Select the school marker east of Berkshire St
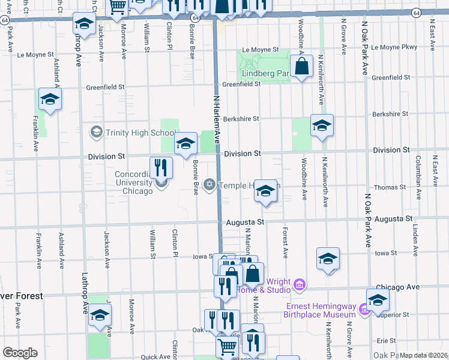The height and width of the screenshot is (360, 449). click(x=322, y=125)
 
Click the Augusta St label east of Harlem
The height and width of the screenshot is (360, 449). click(x=245, y=222)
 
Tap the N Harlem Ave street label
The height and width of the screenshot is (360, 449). click(x=217, y=120)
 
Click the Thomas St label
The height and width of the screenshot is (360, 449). click(x=390, y=188)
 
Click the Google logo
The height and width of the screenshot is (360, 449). click(x=20, y=353)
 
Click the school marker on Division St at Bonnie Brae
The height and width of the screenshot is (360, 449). click(x=186, y=143)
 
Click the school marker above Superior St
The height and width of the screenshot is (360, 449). click(x=378, y=300)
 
